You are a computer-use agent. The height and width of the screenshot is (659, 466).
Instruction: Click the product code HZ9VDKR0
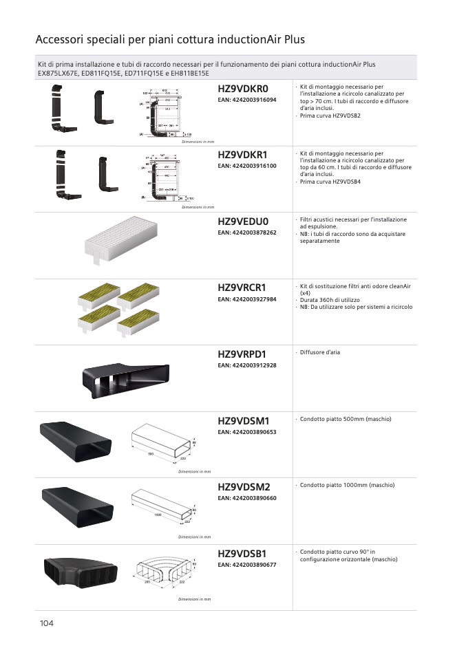242,89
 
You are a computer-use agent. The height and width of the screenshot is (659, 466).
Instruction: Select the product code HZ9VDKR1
242,155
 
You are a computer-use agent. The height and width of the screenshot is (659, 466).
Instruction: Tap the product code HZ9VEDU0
242,222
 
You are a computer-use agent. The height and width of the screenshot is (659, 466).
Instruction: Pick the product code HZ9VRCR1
242,288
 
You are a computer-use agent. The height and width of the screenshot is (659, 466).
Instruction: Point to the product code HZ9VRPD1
242,354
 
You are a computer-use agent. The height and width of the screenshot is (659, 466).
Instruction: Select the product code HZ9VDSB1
242,553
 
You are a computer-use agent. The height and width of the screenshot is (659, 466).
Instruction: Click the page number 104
47,623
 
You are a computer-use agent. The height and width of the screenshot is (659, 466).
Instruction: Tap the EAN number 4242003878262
247,233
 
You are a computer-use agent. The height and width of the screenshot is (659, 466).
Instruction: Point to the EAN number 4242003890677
247,565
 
